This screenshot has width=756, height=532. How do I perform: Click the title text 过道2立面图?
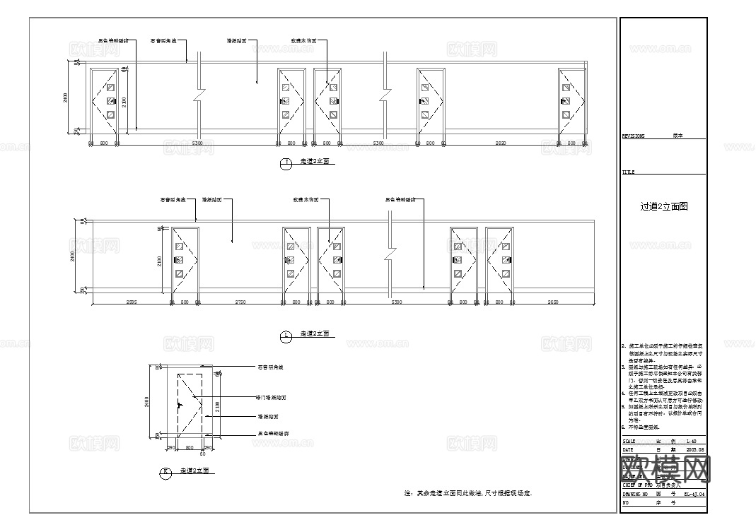(663, 207)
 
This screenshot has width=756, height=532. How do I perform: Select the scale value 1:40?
(692, 440)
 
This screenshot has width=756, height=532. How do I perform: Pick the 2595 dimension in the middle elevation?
(131, 302)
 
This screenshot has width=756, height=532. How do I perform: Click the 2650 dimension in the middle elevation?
(552, 302)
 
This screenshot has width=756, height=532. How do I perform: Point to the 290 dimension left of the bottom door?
(170, 448)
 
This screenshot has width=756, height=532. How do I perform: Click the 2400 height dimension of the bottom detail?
(146, 402)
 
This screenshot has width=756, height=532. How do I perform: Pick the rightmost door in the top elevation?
(571, 101)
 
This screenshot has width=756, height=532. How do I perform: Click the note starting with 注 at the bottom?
(467, 492)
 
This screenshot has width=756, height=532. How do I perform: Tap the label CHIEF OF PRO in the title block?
(639, 485)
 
